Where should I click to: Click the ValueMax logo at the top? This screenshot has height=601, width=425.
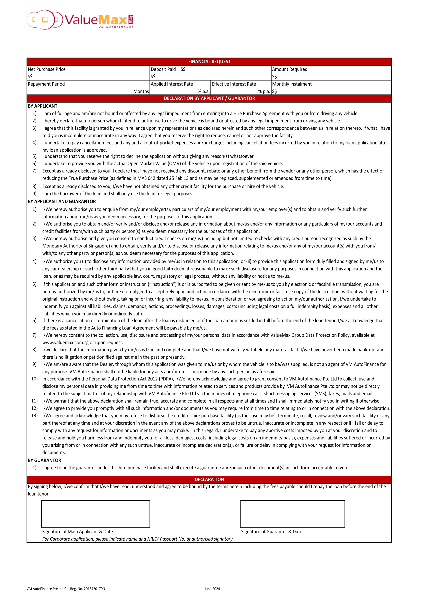tap(80, 20)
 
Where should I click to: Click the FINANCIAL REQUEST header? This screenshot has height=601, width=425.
tap(209, 61)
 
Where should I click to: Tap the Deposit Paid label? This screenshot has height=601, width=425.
tap(163, 69)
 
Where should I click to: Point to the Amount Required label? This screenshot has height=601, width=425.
tap(290, 69)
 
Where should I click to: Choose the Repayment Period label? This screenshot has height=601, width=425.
tap(46, 84)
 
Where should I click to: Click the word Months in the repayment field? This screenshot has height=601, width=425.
tap(141, 91)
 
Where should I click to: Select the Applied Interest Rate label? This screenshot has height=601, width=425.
tap(172, 84)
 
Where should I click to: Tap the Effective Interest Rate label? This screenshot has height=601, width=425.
tap(234, 84)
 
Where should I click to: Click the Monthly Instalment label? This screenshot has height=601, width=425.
tap(292, 84)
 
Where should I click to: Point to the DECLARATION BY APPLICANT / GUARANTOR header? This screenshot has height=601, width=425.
tap(209, 98)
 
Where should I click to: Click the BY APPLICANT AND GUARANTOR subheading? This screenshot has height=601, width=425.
tap(62, 201)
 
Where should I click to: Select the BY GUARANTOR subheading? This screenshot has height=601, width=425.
tap(44, 460)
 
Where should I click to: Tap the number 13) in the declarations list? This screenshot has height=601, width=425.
tap(34, 416)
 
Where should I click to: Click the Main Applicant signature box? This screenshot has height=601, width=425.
tap(95, 514)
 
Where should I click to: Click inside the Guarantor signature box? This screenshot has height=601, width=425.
tap(292, 514)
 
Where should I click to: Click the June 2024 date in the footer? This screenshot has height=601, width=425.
tap(212, 589)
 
